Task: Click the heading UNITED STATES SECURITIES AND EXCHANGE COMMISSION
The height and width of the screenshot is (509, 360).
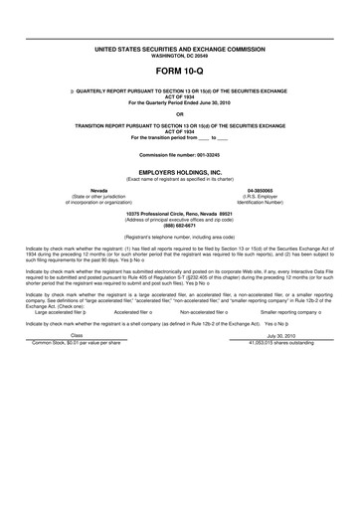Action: [x=180, y=48]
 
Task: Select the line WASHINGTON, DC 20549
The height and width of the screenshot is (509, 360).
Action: [x=180, y=54]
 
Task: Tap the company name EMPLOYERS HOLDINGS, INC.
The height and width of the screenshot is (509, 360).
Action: [x=180, y=172]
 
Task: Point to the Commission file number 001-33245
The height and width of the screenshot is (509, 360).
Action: [x=180, y=157]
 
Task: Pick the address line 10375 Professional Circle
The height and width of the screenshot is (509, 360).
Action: [x=180, y=213]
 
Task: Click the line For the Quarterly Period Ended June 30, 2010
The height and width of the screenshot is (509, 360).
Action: [x=180, y=102]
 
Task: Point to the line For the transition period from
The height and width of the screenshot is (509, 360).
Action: [x=180, y=137]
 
